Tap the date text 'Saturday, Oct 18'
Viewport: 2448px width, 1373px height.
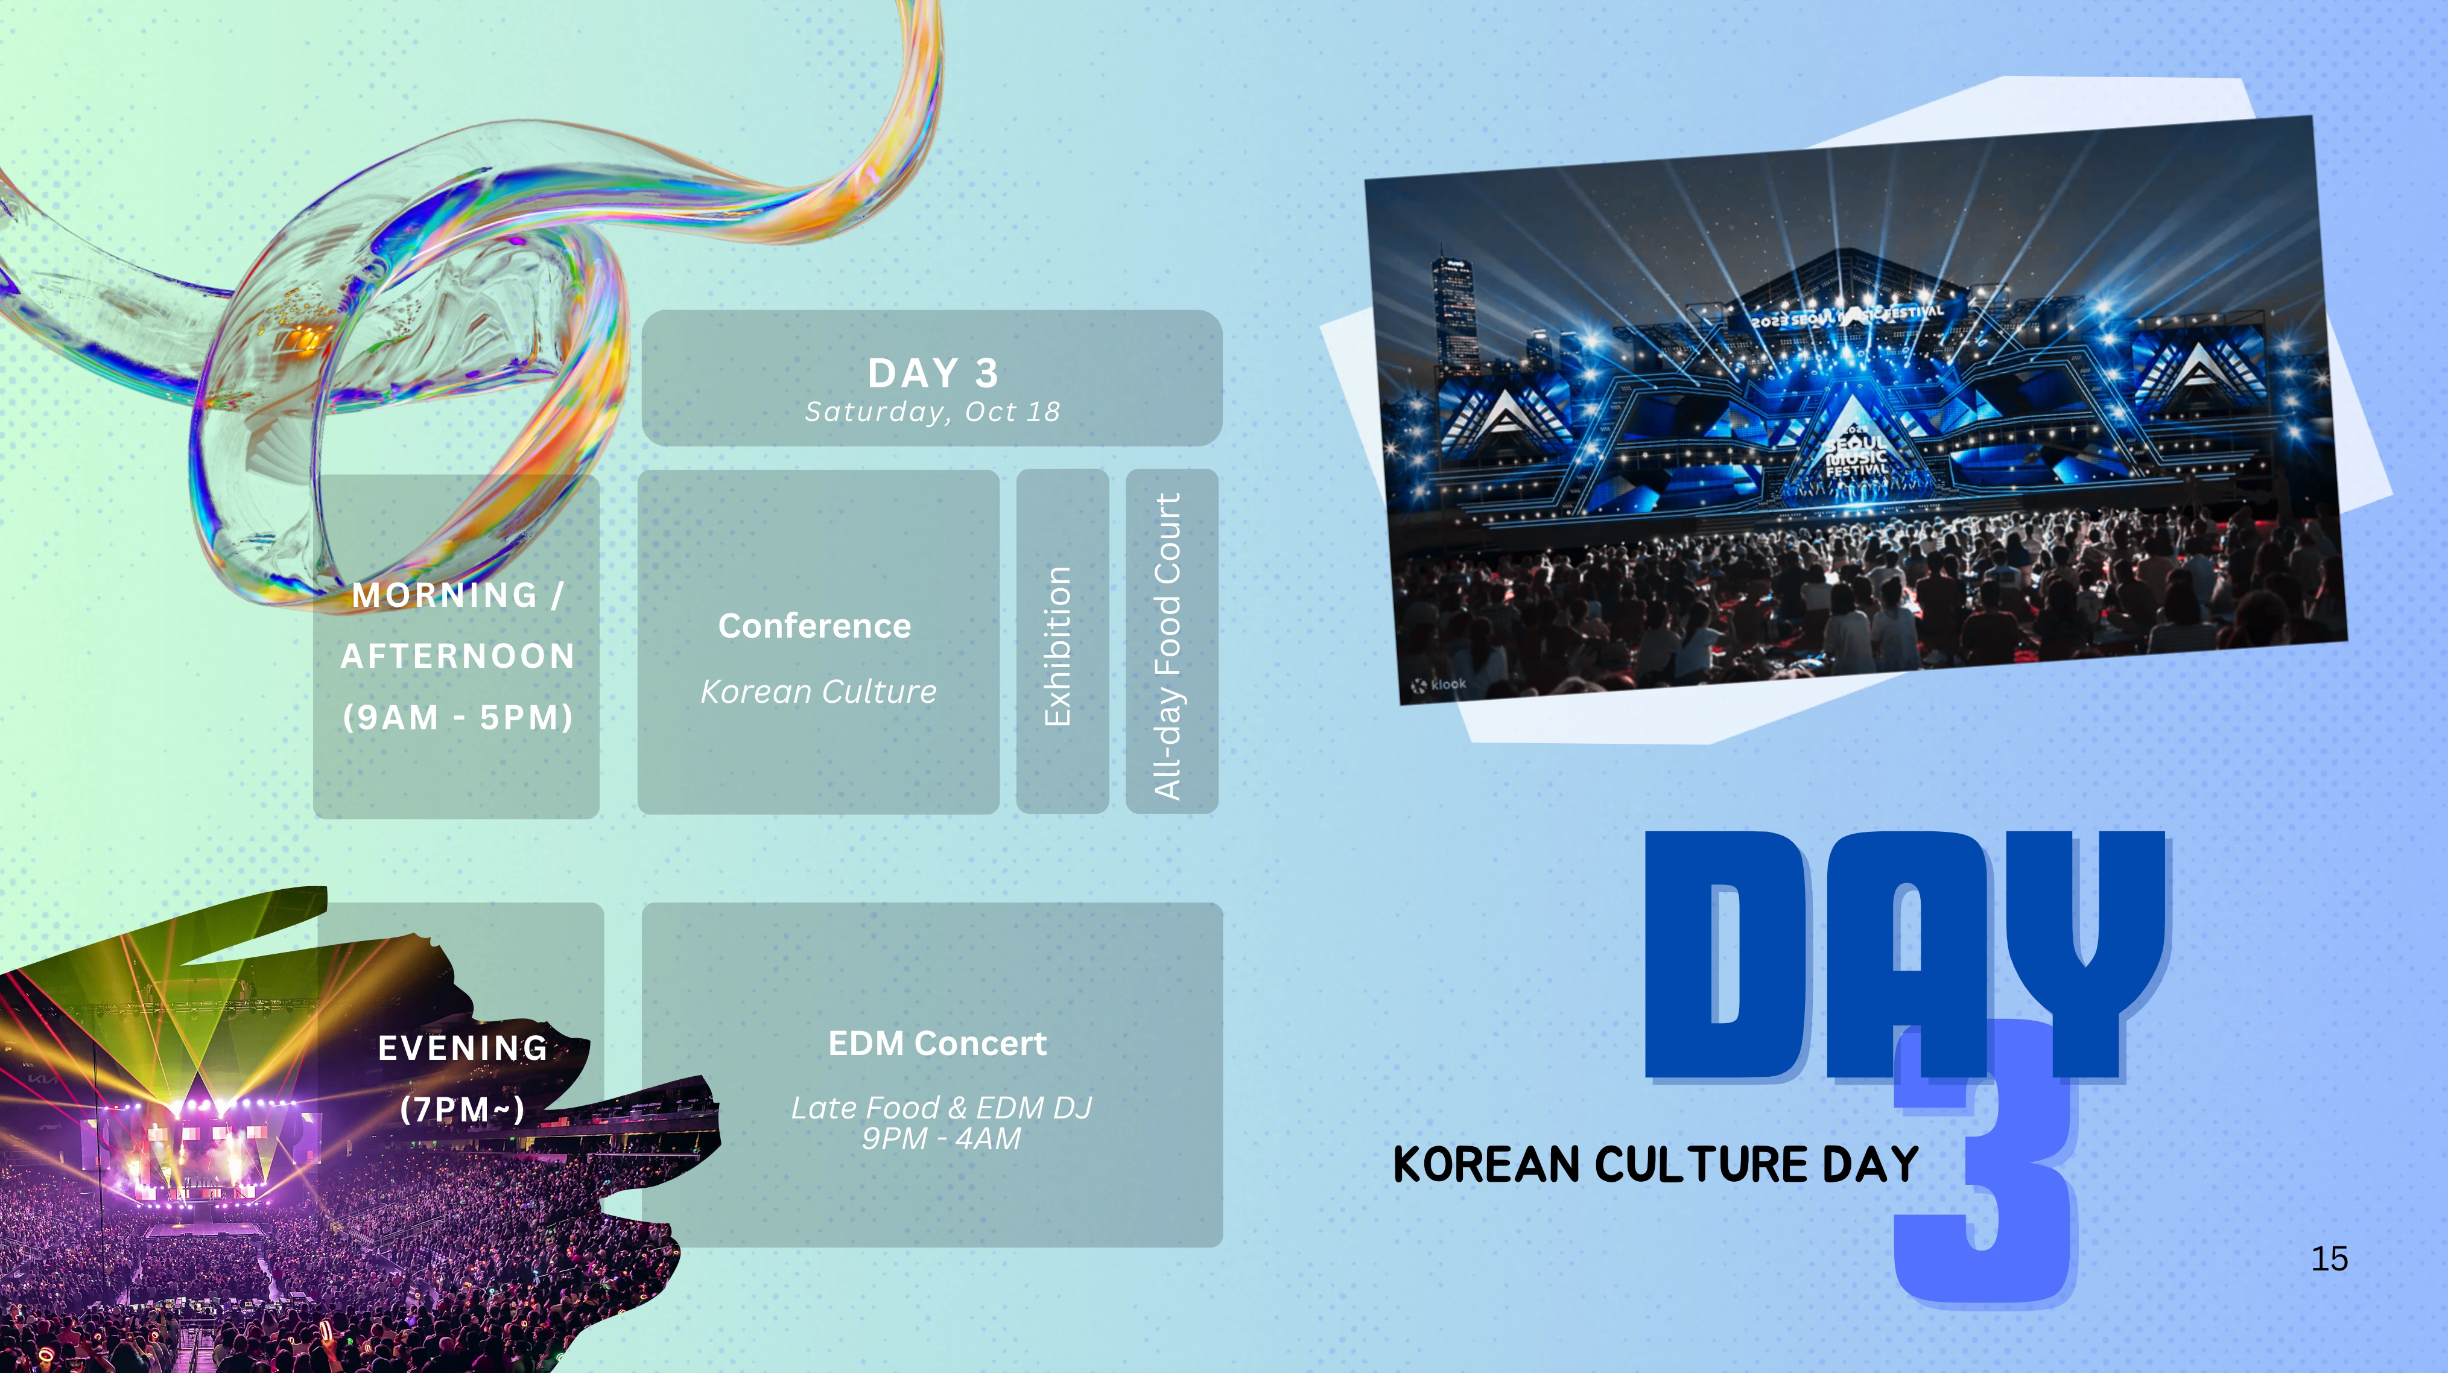(932, 411)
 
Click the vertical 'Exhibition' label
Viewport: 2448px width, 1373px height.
(1058, 646)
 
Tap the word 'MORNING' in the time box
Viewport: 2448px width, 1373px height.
(445, 595)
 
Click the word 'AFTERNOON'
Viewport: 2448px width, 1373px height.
(457, 656)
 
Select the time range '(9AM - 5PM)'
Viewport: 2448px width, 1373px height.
(458, 717)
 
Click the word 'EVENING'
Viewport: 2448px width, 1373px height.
(463, 1048)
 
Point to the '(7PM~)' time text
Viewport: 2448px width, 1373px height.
(463, 1109)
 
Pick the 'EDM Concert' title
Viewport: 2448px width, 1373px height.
(937, 1043)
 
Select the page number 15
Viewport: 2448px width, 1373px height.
(2329, 1259)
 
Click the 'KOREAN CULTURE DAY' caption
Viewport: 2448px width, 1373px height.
(1655, 1165)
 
